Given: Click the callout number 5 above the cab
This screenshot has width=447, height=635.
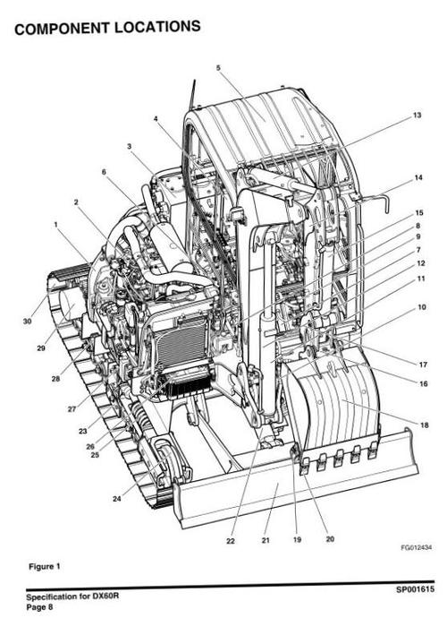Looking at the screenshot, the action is point(218,68).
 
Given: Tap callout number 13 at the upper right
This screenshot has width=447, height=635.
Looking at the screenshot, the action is point(417,116).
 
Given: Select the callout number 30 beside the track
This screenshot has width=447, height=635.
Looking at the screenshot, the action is point(27,322).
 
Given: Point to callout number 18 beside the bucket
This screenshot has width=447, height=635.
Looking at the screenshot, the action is point(425,425).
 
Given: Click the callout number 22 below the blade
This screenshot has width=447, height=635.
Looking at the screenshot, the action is point(231,541).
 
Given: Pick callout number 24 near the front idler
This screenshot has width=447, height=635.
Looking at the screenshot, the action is point(117,499).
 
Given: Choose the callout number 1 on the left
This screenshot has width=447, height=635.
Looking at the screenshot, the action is point(55,224).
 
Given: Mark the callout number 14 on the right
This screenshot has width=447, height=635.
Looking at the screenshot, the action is point(418,177).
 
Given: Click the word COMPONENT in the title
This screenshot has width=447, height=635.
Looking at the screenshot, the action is point(62,30).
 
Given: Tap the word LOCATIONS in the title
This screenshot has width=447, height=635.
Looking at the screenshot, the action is point(157,27).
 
